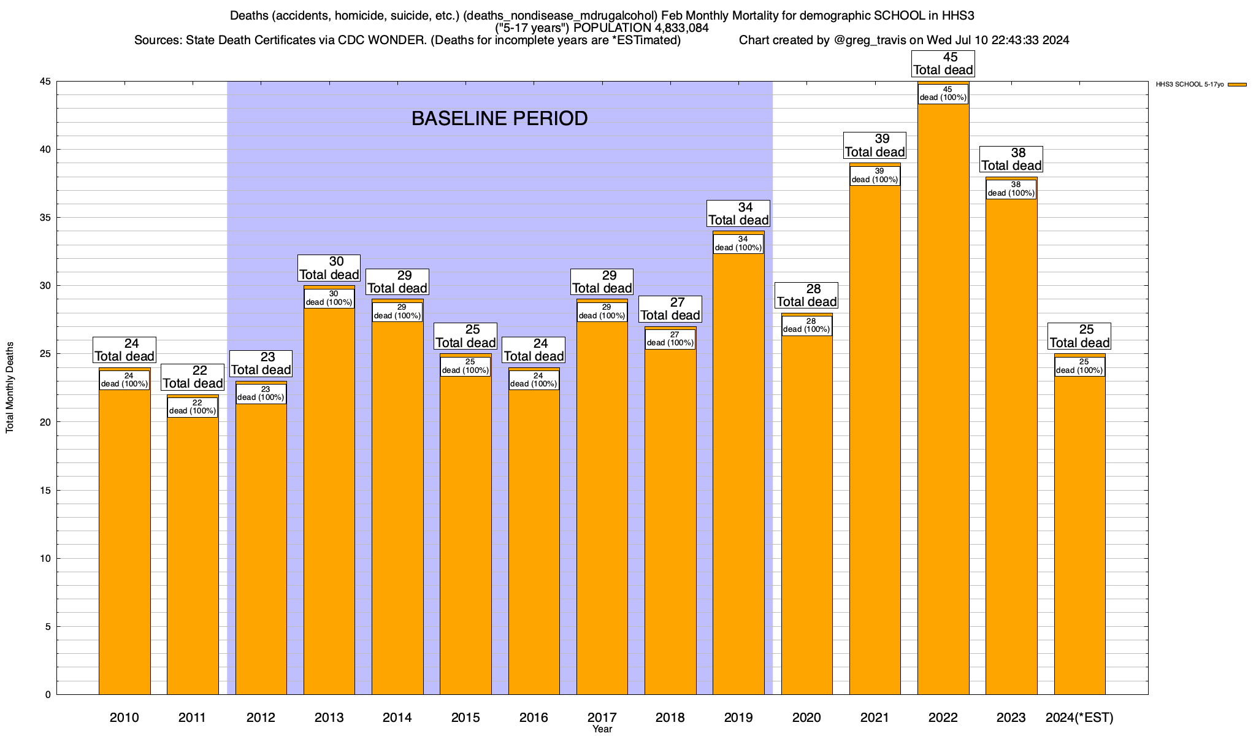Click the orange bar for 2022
click(943, 399)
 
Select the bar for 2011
click(193, 552)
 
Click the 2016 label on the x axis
click(534, 718)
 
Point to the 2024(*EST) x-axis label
click(1079, 718)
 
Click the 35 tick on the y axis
click(45, 218)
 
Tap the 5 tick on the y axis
click(48, 626)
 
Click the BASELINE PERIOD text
click(499, 118)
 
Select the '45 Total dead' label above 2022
click(943, 63)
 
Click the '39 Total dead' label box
click(875, 145)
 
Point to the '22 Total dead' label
click(193, 377)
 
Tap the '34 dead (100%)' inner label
click(738, 243)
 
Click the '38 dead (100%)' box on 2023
click(1011, 189)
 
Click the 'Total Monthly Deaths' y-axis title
click(10, 388)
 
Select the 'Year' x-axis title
click(602, 729)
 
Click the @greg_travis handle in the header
click(870, 40)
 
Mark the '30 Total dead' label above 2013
click(329, 268)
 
